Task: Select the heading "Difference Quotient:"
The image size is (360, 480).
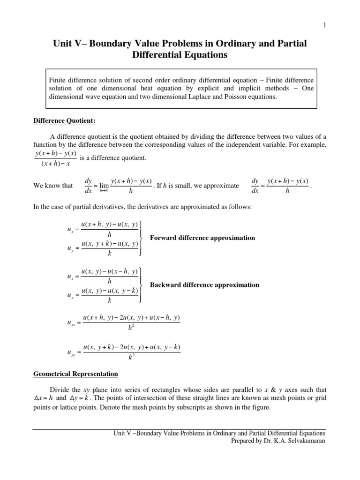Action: pyautogui.click(x=64, y=120)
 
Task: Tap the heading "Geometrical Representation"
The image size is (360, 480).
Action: pyautogui.click(x=75, y=374)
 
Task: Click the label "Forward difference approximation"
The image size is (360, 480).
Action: pyautogui.click(x=202, y=238)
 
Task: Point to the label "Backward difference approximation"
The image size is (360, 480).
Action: pyautogui.click(x=204, y=285)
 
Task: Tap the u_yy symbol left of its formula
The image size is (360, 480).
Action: pyautogui.click(x=72, y=352)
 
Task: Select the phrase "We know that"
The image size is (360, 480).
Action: pyautogui.click(x=53, y=186)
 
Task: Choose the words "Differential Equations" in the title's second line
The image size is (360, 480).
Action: pyautogui.click(x=180, y=56)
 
